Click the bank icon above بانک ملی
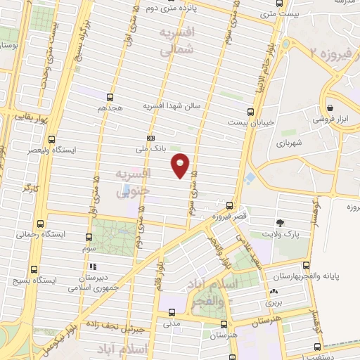[150, 138]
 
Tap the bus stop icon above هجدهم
[110, 98]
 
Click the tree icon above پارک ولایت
[280, 222]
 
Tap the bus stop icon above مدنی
[171, 312]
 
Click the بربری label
[272, 302]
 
